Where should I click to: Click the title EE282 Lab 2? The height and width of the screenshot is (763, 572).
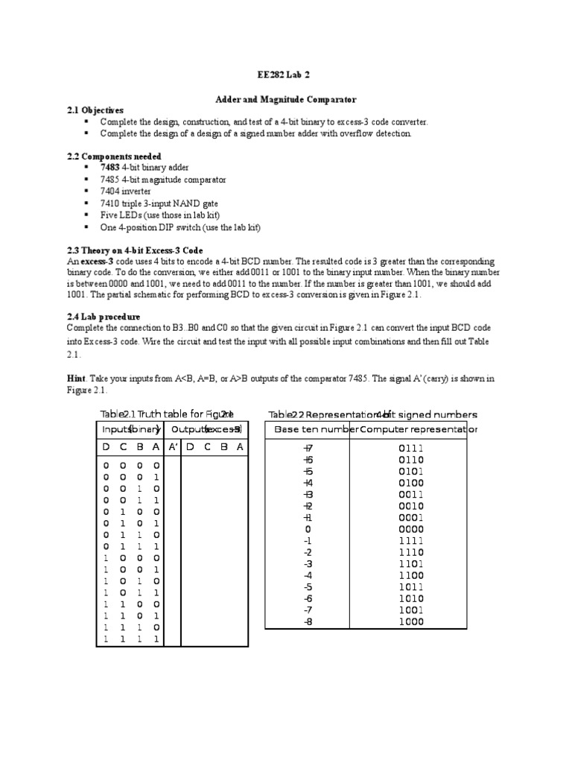pos(285,76)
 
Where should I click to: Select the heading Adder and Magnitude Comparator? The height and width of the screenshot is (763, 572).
pos(286,98)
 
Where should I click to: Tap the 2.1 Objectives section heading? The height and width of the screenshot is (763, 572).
pos(95,110)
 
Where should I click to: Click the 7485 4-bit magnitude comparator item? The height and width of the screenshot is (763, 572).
pos(163,180)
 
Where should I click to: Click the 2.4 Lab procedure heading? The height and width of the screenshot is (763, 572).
pos(104,317)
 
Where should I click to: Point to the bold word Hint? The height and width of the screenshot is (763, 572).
pos(76,379)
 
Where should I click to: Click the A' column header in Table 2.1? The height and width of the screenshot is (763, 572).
pos(173,446)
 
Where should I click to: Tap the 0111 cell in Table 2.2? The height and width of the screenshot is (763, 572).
pos(410,448)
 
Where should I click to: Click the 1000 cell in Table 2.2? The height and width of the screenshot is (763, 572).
pos(410,622)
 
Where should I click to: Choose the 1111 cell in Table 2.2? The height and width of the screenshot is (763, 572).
pos(410,541)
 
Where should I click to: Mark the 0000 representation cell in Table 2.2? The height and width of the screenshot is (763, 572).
pos(410,529)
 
